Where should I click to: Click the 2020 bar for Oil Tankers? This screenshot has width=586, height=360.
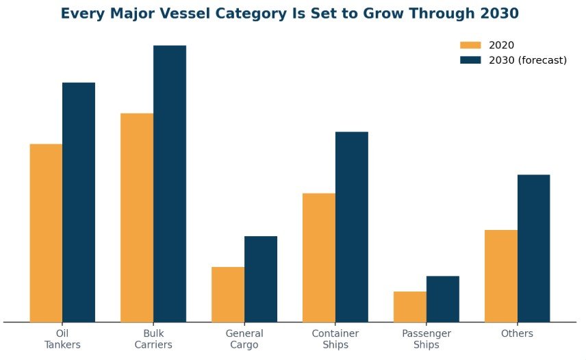pos(46,233)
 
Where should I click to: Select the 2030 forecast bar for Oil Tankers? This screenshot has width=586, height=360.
pos(79,203)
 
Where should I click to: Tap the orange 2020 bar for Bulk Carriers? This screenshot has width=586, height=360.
pos(137,218)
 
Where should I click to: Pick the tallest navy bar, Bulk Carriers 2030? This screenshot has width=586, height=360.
pos(170,183)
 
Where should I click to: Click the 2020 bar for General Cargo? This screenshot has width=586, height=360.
pos(228,295)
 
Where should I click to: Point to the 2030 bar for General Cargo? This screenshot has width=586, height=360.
pos(261,279)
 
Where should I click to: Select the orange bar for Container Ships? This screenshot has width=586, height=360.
pos(319,257)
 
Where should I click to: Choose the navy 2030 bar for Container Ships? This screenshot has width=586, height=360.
pos(352,227)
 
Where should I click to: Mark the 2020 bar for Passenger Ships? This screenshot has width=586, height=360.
pos(410,307)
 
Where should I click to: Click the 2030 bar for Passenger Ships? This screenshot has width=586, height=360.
pos(443,299)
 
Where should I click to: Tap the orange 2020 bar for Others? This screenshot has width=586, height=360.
pos(501,276)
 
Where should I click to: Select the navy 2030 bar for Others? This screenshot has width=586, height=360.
pos(534,248)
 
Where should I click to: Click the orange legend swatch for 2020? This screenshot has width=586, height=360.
pos(470,45)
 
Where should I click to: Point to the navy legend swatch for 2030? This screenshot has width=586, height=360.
pos(470,60)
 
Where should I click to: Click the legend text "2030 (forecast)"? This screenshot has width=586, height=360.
pos(528,60)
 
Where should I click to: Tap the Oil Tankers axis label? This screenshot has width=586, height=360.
pos(62,339)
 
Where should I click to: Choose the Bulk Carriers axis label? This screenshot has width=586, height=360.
pos(153,339)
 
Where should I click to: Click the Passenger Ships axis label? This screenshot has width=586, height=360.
pos(426,339)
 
